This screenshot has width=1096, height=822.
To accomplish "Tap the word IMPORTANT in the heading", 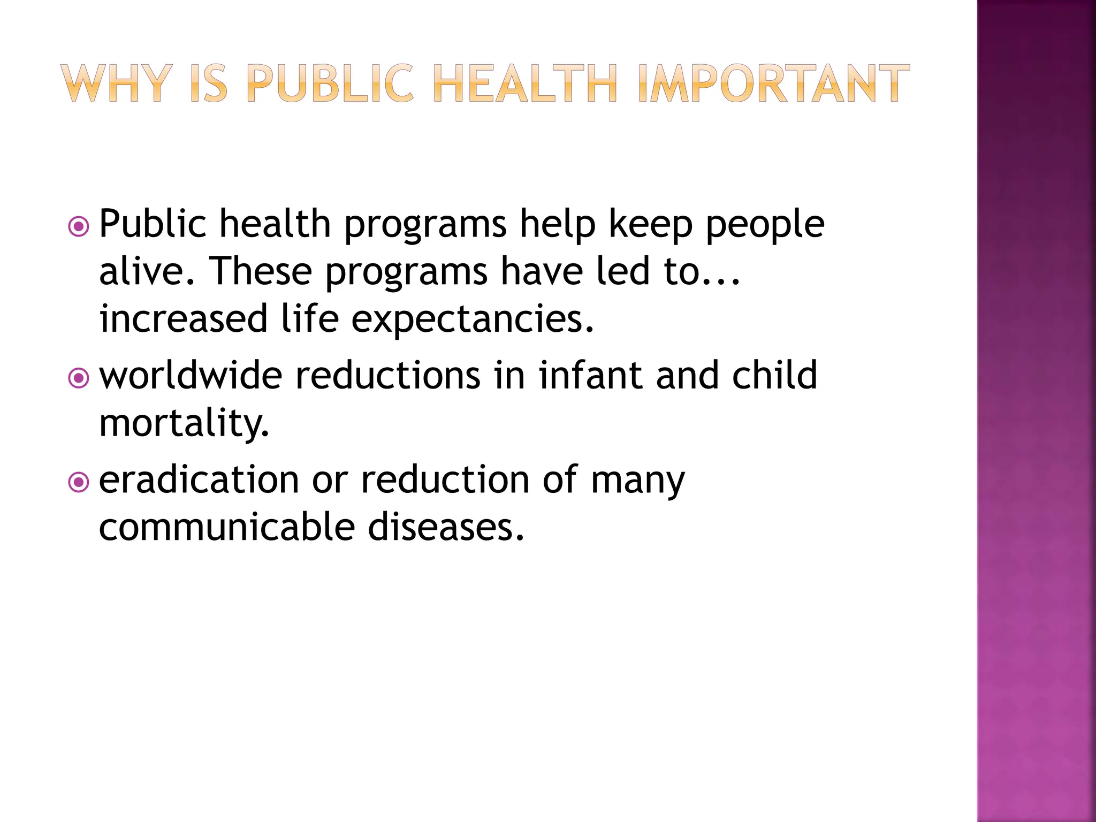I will (773, 83).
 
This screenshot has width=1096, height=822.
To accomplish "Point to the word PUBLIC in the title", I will (330, 83).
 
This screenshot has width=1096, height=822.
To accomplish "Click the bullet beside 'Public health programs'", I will (79, 227).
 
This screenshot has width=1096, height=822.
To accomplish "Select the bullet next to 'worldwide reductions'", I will (79, 379).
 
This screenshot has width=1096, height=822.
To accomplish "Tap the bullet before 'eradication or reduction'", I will (79, 483).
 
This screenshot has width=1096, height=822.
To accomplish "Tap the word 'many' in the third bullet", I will (638, 480).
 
